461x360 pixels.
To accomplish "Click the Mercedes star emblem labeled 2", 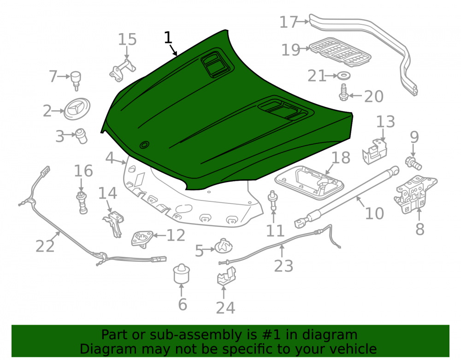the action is pyautogui.click(x=77, y=109).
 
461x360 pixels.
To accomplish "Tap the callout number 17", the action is pyautogui.click(x=289, y=22).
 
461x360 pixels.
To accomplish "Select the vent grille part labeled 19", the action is pyautogui.click(x=340, y=52).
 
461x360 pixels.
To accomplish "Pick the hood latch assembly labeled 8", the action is pyautogui.click(x=414, y=194).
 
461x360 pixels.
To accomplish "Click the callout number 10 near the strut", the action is pyautogui.click(x=374, y=213).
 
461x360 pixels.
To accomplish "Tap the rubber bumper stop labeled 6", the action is pyautogui.click(x=181, y=274).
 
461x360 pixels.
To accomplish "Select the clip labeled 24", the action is pyautogui.click(x=226, y=277).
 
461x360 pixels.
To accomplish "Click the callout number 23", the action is pyautogui.click(x=284, y=266).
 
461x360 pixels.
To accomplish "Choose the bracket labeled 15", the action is pyautogui.click(x=123, y=70).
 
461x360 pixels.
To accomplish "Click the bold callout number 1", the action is pyautogui.click(x=168, y=37).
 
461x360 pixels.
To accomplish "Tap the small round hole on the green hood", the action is pyautogui.click(x=144, y=145).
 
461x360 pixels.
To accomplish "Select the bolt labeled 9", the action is pyautogui.click(x=414, y=163).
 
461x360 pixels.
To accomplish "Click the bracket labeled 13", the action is pyautogui.click(x=374, y=151).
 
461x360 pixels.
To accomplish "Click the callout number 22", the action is pyautogui.click(x=45, y=246).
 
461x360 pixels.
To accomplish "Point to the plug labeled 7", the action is pyautogui.click(x=76, y=80).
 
